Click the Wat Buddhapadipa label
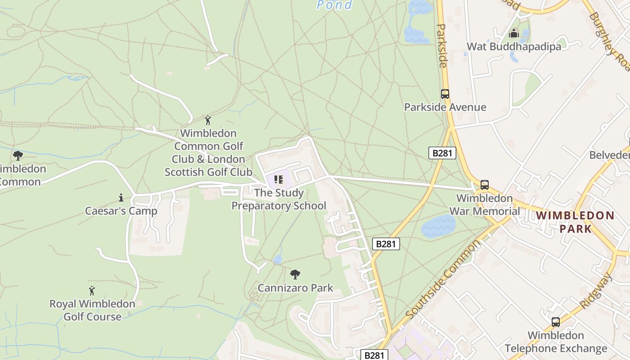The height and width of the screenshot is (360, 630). click(x=514, y=46)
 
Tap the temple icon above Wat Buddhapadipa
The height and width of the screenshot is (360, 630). click(x=513, y=33)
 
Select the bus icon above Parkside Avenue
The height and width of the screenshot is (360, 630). click(x=445, y=94)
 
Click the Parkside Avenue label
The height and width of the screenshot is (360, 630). click(x=445, y=107)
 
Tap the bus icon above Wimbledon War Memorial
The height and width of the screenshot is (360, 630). click(x=484, y=185)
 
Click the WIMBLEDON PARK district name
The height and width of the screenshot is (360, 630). click(x=575, y=222)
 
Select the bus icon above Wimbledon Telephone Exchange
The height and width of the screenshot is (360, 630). click(x=556, y=322)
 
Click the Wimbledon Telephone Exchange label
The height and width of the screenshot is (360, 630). click(x=556, y=342)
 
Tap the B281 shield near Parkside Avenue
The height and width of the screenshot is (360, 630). click(x=442, y=153)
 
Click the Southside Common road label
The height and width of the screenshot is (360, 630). click(x=443, y=279)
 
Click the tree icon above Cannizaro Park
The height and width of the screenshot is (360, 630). click(x=295, y=274)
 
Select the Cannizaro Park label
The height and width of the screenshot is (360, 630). click(x=295, y=288)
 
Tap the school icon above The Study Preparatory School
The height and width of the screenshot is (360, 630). click(x=279, y=180)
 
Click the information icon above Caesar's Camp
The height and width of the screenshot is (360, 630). click(x=121, y=198)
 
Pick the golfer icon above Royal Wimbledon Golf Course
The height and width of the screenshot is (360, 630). click(x=92, y=291)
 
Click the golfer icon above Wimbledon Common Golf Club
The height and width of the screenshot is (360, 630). click(x=207, y=120)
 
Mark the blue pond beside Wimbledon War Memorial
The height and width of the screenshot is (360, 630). click(x=438, y=226)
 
